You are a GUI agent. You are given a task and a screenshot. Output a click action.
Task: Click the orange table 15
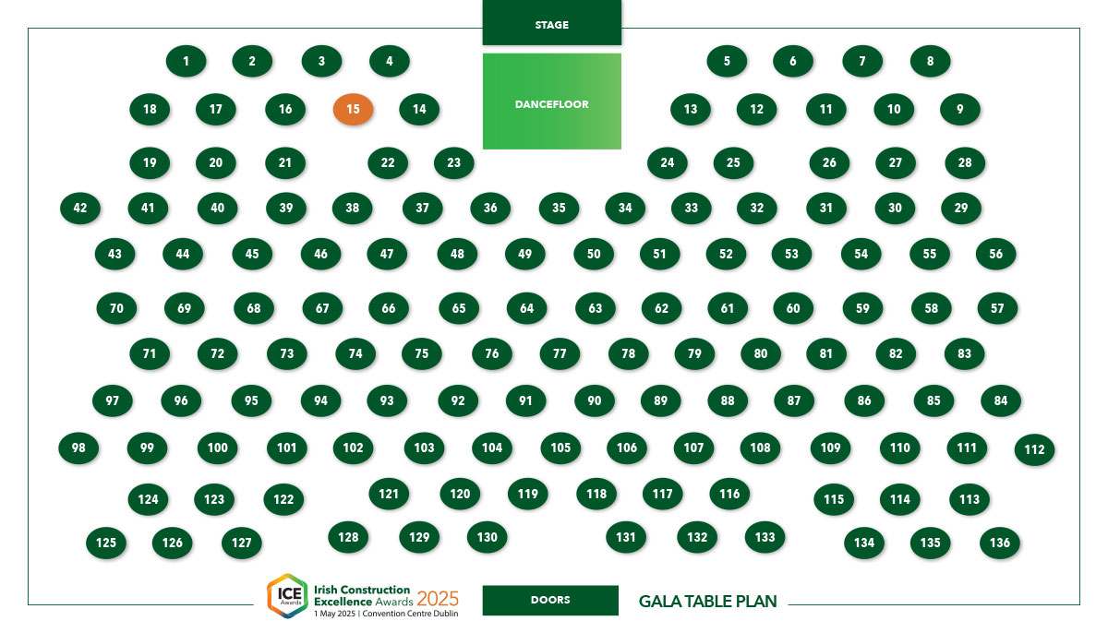(353, 109)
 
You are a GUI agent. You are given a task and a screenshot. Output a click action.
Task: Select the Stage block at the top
(551, 23)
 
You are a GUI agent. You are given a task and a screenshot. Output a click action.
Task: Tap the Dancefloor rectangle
(551, 102)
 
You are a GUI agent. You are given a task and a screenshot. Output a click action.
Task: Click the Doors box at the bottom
(550, 601)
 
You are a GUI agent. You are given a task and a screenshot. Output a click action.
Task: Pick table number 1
(186, 61)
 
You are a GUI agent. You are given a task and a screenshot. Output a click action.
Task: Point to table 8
(930, 61)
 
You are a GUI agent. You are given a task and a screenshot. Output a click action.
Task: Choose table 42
(80, 208)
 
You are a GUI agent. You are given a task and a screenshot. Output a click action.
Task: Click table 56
(995, 254)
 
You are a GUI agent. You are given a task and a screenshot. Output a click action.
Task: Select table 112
(1034, 449)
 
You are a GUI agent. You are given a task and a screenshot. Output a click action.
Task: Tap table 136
(1000, 543)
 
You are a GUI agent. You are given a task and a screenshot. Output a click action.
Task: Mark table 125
(106, 543)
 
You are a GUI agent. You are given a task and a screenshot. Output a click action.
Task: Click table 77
(560, 353)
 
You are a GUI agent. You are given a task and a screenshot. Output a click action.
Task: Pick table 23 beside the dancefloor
(453, 162)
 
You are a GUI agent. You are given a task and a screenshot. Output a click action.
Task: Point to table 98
(78, 448)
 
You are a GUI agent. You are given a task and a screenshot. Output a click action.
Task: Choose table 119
(528, 494)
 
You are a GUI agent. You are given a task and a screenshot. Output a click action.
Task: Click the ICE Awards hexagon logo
(288, 596)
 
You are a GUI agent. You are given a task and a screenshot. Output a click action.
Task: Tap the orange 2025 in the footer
(438, 599)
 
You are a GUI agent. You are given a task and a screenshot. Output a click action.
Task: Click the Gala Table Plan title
(708, 602)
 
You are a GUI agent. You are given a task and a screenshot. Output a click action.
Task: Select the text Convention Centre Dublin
(410, 614)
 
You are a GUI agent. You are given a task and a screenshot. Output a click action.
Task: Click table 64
(527, 308)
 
